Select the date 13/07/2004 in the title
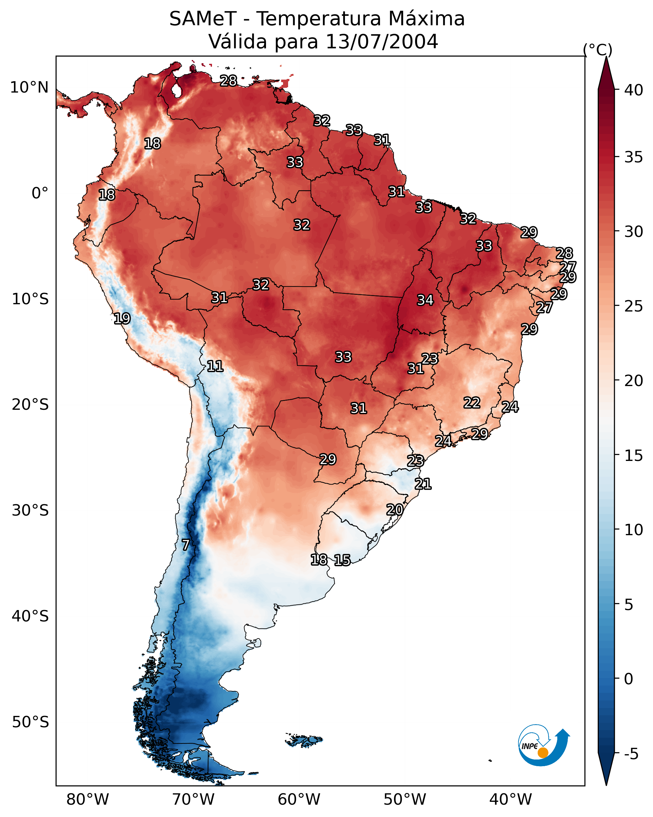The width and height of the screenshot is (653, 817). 381,42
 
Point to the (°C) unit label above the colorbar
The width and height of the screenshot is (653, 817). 597,50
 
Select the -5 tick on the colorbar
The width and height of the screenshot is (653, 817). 631,754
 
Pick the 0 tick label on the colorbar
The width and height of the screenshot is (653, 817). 628,679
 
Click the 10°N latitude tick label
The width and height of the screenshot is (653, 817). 29,88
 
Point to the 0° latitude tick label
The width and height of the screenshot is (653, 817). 40,193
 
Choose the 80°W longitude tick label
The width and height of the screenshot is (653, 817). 88,800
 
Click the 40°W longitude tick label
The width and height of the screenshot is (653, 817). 510,800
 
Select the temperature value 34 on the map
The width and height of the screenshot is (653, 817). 425,300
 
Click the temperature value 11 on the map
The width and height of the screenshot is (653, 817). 215,366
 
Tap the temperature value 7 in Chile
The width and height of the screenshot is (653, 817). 185,545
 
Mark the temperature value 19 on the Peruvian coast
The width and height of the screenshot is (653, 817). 122,318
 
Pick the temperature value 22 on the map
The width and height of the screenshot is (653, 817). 472,402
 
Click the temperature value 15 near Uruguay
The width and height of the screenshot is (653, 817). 342,560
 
